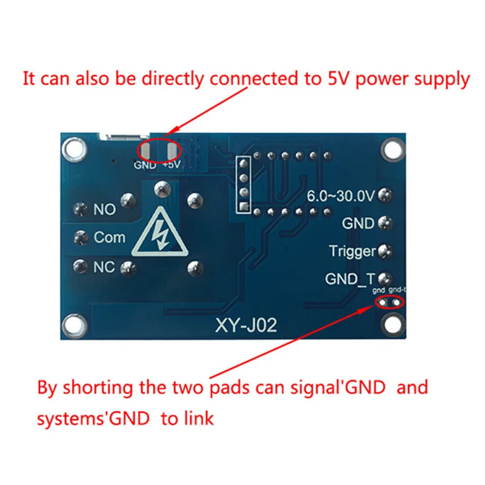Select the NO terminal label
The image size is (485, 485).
[x=104, y=210]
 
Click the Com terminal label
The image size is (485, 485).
[x=110, y=237]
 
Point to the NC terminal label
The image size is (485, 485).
[x=104, y=266]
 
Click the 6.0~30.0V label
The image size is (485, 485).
[x=341, y=196]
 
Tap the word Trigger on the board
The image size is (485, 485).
[x=352, y=250]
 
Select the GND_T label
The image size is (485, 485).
[x=350, y=279]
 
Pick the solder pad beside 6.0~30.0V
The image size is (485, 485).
[x=384, y=196]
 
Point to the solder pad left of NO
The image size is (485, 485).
[x=79, y=210]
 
